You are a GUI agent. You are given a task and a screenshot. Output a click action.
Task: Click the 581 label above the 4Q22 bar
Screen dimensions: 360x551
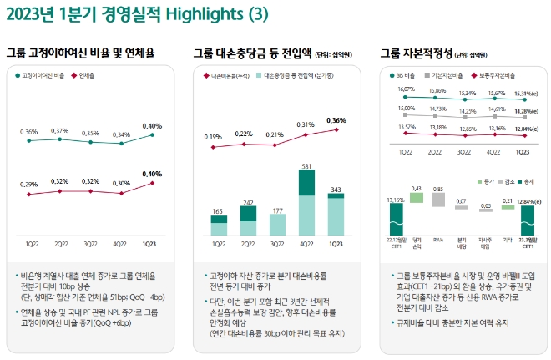(306, 166)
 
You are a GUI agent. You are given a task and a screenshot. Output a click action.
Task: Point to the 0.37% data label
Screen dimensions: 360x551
(60, 130)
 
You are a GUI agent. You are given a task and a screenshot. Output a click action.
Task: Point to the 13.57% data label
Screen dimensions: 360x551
(407, 127)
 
